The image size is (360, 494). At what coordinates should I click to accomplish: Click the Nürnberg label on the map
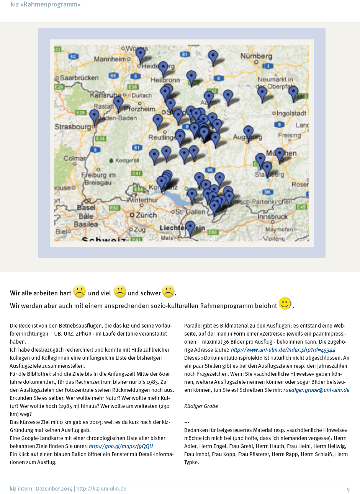[x=256, y=56]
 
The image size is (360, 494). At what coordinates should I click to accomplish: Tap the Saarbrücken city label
[x=79, y=78]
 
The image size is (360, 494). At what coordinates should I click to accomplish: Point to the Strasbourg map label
[x=73, y=127]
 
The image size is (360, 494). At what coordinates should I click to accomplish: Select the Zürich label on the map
[x=146, y=215]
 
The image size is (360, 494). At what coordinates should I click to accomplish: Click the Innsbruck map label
[x=272, y=217]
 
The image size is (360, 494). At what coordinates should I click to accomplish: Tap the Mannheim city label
[x=110, y=59]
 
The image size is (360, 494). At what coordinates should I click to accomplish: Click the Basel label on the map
[x=86, y=207]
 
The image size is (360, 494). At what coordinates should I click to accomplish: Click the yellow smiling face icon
[x=285, y=303]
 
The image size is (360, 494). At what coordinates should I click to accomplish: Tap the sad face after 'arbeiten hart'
[x=79, y=292]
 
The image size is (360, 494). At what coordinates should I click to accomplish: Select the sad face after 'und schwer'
[x=168, y=292]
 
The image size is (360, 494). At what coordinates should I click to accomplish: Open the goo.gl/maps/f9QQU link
[x=121, y=446]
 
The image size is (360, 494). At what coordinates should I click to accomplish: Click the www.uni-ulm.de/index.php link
[x=283, y=350]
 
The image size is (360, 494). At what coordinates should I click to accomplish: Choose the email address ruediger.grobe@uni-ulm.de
[x=316, y=390]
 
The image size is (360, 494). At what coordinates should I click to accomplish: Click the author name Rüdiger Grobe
[x=201, y=406]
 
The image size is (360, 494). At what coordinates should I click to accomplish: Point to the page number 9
[x=348, y=489]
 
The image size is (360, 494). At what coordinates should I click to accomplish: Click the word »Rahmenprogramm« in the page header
[x=52, y=5]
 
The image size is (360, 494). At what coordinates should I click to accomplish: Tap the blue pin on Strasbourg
[x=94, y=117]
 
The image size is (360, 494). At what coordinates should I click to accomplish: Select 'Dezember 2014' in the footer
[x=54, y=489]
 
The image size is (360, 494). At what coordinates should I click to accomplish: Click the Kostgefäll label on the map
[x=127, y=160]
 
